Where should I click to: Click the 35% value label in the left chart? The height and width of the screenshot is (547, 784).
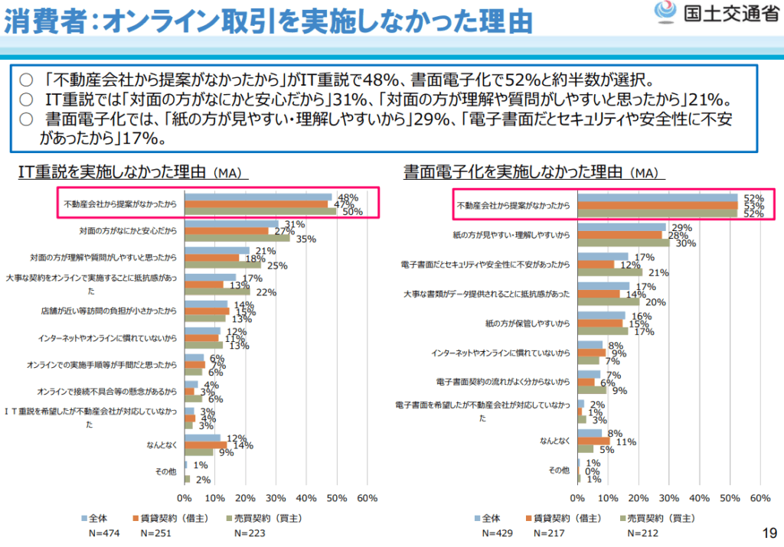pos(285,239)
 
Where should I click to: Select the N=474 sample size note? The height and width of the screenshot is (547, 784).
pos(97,532)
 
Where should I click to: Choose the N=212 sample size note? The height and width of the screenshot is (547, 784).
pos(642,532)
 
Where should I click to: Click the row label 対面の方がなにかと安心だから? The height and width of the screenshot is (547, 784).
pos(128,230)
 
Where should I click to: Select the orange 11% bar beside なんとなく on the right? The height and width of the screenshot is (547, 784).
pos(593,441)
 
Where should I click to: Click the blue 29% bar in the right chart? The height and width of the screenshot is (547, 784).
pos(621,227)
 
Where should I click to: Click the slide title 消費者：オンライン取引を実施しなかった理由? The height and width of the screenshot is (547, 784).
pos(268,21)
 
